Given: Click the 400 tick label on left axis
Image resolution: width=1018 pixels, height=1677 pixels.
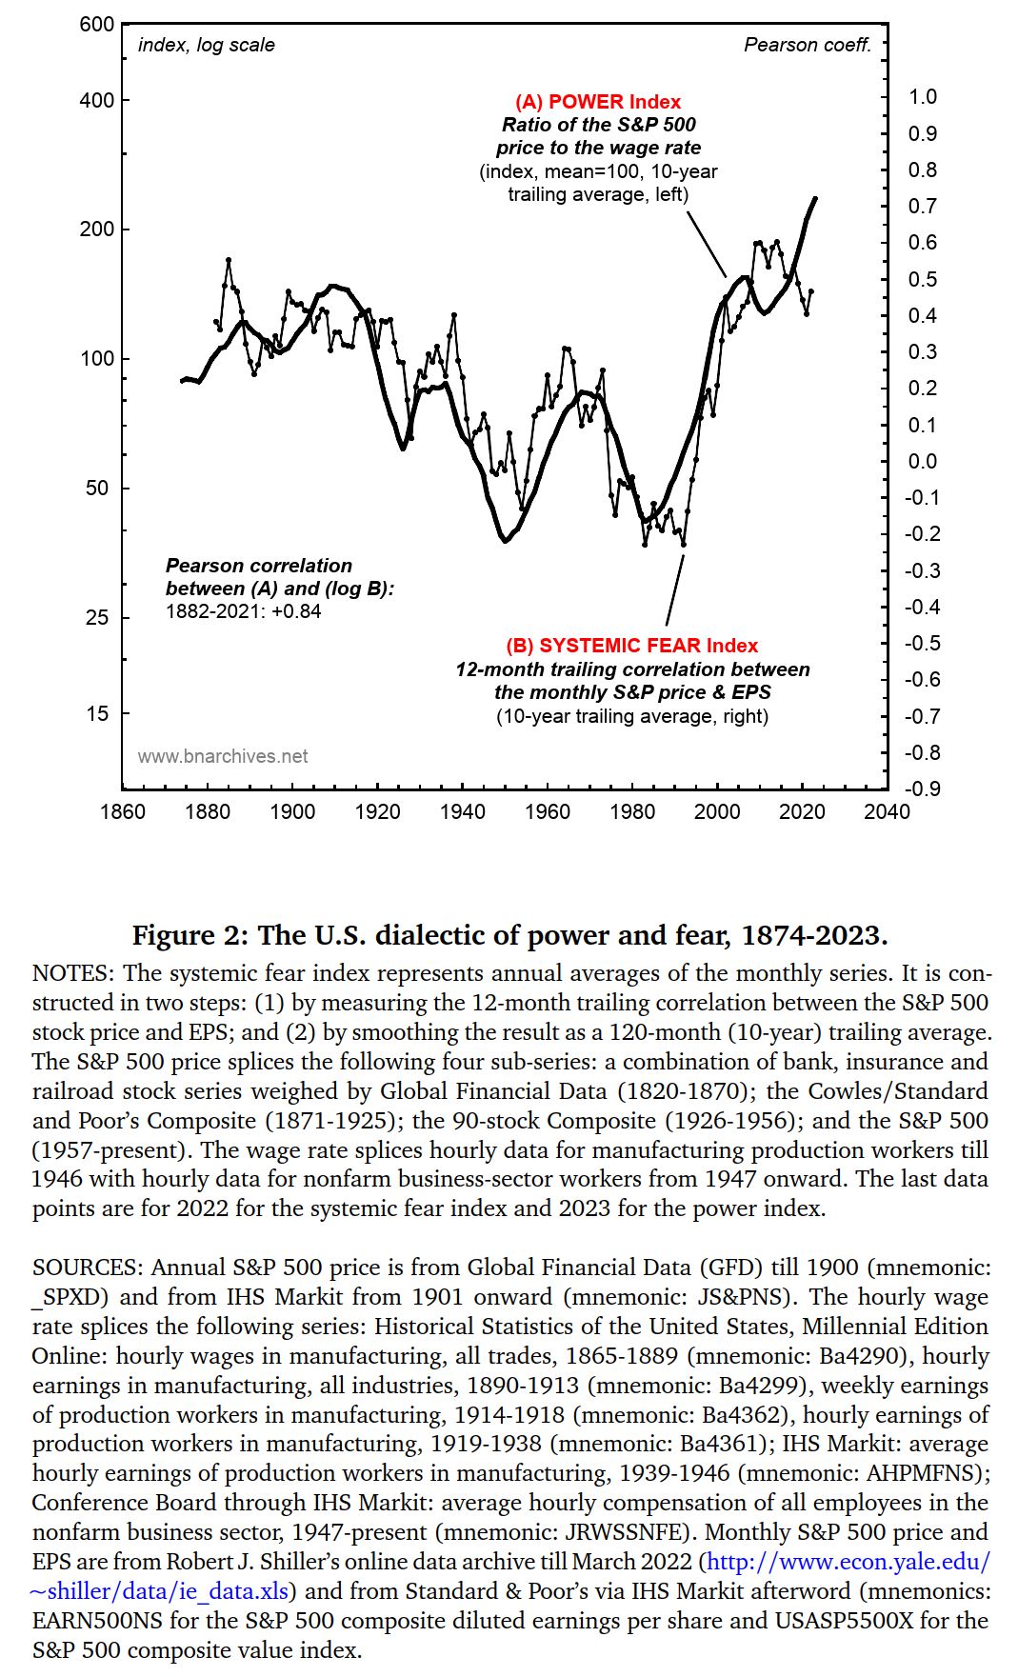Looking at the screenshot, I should coord(96,100).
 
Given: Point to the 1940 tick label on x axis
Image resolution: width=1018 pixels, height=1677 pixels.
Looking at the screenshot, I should coord(462,811).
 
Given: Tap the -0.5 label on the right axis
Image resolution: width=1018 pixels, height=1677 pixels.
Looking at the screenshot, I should coord(922,643).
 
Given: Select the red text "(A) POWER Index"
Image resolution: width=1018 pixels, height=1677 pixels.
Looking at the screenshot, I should coord(598,102).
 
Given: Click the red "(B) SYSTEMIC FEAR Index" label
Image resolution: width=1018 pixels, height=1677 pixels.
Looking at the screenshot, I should coord(631,646).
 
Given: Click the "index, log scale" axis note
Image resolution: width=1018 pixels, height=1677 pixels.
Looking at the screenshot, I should coord(207,45).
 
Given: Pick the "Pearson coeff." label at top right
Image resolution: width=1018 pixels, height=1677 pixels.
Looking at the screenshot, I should coord(808,45).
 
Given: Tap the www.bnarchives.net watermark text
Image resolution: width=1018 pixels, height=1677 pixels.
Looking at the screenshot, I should coord(223,756).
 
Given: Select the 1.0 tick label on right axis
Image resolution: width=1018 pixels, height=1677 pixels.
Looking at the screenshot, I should coord(923,96).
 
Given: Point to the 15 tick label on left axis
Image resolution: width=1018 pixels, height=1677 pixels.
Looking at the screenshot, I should coord(97,713).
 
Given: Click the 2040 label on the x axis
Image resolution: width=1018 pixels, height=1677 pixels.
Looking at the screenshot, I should coord(887,811).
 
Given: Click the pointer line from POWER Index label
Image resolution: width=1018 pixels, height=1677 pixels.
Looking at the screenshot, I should coord(706,243).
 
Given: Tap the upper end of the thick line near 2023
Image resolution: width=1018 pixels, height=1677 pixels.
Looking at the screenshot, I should coord(815,198).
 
